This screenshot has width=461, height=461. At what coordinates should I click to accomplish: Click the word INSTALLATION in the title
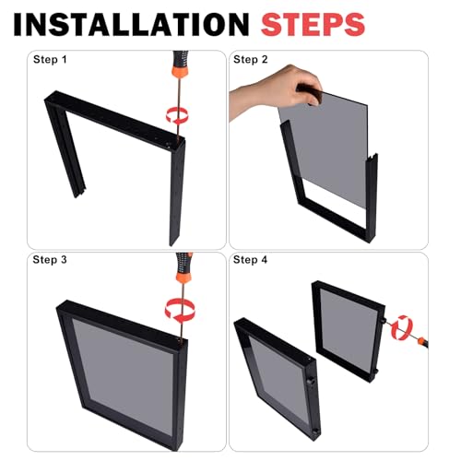131,24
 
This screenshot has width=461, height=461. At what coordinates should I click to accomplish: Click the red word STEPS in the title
313,24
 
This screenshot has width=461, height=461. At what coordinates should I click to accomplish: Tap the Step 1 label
50,59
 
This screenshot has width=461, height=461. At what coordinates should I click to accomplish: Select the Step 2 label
251,59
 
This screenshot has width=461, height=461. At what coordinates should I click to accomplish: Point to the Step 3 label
50,260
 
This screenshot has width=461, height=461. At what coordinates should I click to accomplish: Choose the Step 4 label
250,260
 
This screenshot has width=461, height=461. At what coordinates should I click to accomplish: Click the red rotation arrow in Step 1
177,115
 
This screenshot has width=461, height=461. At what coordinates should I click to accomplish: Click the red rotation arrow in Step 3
180,309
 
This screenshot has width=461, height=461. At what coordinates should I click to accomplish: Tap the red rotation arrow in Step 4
402,327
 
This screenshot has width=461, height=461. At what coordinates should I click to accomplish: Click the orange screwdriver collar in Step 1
180,72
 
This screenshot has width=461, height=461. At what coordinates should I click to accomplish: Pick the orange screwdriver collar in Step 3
183,277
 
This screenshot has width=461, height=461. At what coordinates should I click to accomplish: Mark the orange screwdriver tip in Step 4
422,340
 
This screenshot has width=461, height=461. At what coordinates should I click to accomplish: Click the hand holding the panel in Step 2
275,90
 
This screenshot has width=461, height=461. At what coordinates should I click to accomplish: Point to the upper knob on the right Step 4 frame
384,321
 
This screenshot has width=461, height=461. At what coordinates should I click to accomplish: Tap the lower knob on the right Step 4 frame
375,372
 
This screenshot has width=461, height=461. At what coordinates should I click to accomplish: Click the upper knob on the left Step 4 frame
311,381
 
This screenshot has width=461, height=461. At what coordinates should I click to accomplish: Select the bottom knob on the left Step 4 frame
315,431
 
